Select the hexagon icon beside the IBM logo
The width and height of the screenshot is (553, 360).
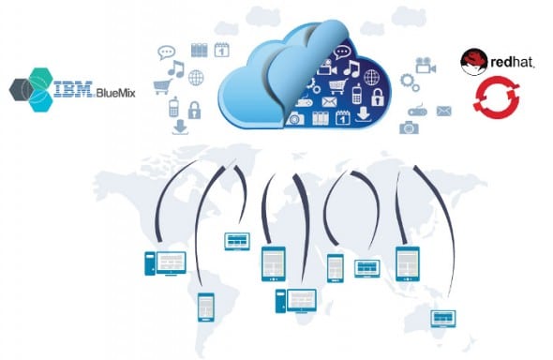coord(37,86)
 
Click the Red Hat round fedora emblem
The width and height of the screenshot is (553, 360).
coord(471,63)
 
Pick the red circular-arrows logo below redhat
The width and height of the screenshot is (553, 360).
coord(491,99)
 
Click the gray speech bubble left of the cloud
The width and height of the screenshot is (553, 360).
coord(167,53)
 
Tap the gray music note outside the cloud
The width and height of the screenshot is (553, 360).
coord(174,69)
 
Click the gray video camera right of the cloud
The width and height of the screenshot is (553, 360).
coord(426,65)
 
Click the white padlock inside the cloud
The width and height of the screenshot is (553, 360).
coord(378,97)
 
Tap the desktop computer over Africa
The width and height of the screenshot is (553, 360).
coord(294,299)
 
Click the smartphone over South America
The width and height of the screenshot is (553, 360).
coord(206,306)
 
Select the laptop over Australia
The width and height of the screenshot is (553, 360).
coord(442,319)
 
